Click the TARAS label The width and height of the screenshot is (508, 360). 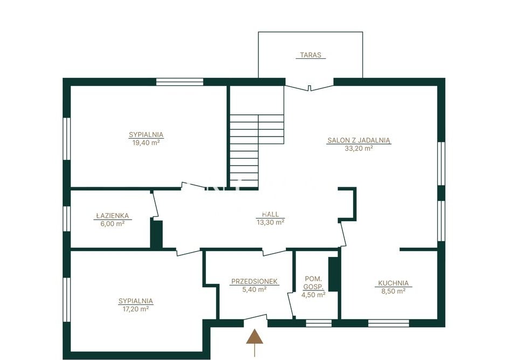click(x=311, y=55)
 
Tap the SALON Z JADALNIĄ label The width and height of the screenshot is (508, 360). click(x=359, y=140)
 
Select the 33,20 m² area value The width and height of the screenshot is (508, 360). click(x=359, y=148)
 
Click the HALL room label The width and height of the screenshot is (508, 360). click(x=270, y=214)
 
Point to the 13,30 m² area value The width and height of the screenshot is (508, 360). click(x=270, y=222)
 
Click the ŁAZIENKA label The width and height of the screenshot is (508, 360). click(x=112, y=216)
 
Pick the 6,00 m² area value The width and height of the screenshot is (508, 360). click(x=112, y=223)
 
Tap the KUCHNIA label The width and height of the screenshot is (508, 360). click(x=393, y=283)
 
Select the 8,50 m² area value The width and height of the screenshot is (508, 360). click(x=393, y=291)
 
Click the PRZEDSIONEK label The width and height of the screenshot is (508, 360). click(x=255, y=282)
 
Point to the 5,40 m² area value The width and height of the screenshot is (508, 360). click(x=255, y=290)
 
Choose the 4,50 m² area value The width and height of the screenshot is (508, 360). click(x=313, y=295)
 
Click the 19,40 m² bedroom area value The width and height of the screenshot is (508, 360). click(x=146, y=142)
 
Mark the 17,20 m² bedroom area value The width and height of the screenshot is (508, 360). click(x=135, y=309)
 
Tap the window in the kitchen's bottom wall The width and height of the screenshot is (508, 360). click(x=388, y=323)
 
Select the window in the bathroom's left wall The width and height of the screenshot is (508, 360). click(x=67, y=219)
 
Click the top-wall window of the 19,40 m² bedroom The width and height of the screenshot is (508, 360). click(x=180, y=81)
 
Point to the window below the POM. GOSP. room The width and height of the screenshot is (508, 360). click(x=319, y=323)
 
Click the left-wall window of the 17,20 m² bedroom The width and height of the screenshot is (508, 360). click(x=67, y=300)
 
